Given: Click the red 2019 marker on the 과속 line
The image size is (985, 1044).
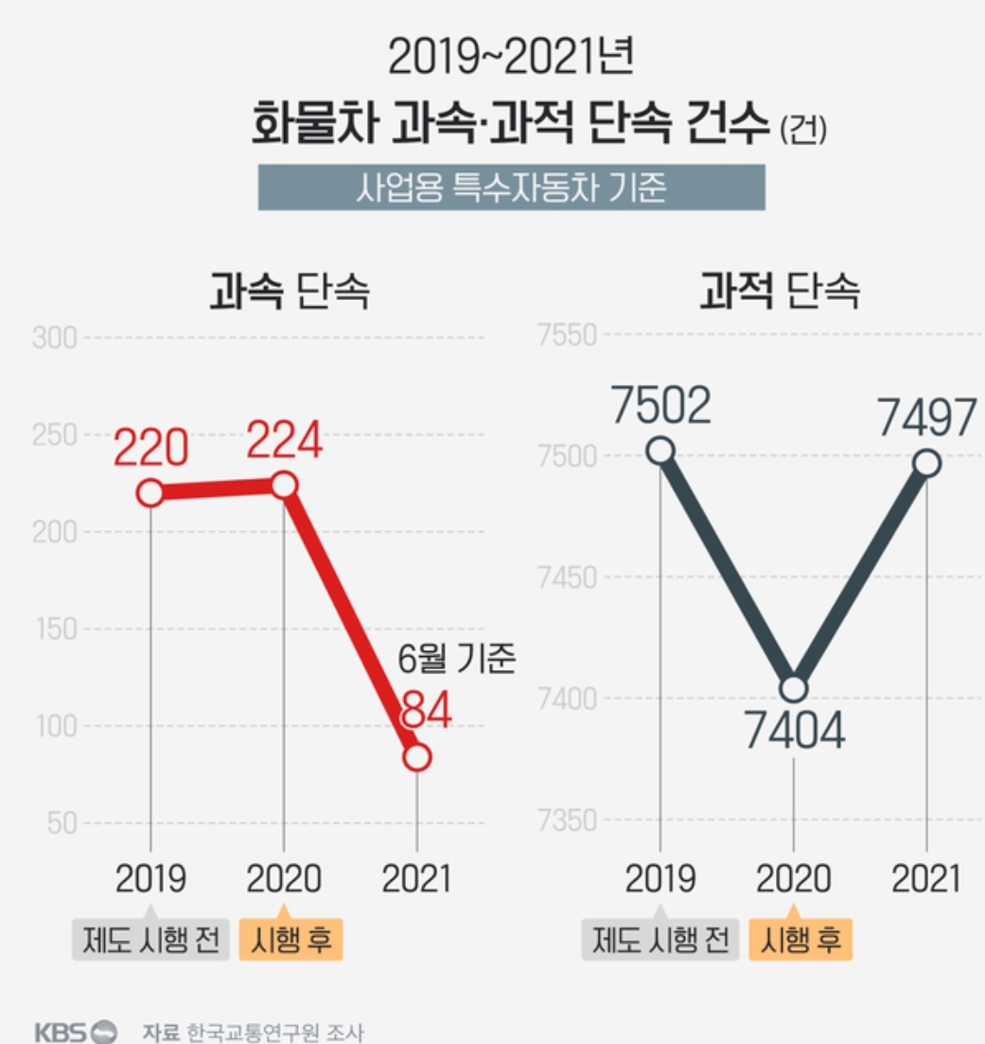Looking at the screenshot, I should (x=150, y=493).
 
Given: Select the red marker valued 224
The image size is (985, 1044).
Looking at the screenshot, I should (x=284, y=486).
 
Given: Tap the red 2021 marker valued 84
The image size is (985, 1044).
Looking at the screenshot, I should (x=417, y=757).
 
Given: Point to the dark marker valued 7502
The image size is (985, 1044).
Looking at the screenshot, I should (x=660, y=451).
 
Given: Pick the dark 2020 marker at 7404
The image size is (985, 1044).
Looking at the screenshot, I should (x=794, y=688).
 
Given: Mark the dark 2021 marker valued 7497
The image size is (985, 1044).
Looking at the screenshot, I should (x=927, y=463).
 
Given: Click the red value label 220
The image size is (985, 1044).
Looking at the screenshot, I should (x=151, y=448).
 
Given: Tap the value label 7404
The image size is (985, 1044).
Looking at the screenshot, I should (x=794, y=734).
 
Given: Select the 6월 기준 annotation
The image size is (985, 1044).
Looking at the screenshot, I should (x=456, y=660).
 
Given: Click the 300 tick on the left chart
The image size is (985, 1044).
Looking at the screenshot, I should (x=54, y=338).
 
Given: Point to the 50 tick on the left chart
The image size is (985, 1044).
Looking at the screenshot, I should (x=62, y=823).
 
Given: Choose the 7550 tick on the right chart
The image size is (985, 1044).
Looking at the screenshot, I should (x=569, y=335).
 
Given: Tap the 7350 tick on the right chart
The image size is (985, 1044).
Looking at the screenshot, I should (x=569, y=820).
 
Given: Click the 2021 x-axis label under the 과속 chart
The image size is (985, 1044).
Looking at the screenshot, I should (x=416, y=879).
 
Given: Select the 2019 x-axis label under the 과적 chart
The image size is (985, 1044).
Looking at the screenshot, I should (x=660, y=879).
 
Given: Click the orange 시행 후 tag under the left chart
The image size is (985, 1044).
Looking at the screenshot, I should (x=291, y=941).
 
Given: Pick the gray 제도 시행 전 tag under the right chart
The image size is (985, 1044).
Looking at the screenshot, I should (x=660, y=941).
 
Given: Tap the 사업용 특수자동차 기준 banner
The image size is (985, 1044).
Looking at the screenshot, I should (x=511, y=187).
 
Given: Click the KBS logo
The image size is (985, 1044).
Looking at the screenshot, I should (x=76, y=1031).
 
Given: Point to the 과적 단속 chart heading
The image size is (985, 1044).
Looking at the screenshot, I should (x=780, y=292).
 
